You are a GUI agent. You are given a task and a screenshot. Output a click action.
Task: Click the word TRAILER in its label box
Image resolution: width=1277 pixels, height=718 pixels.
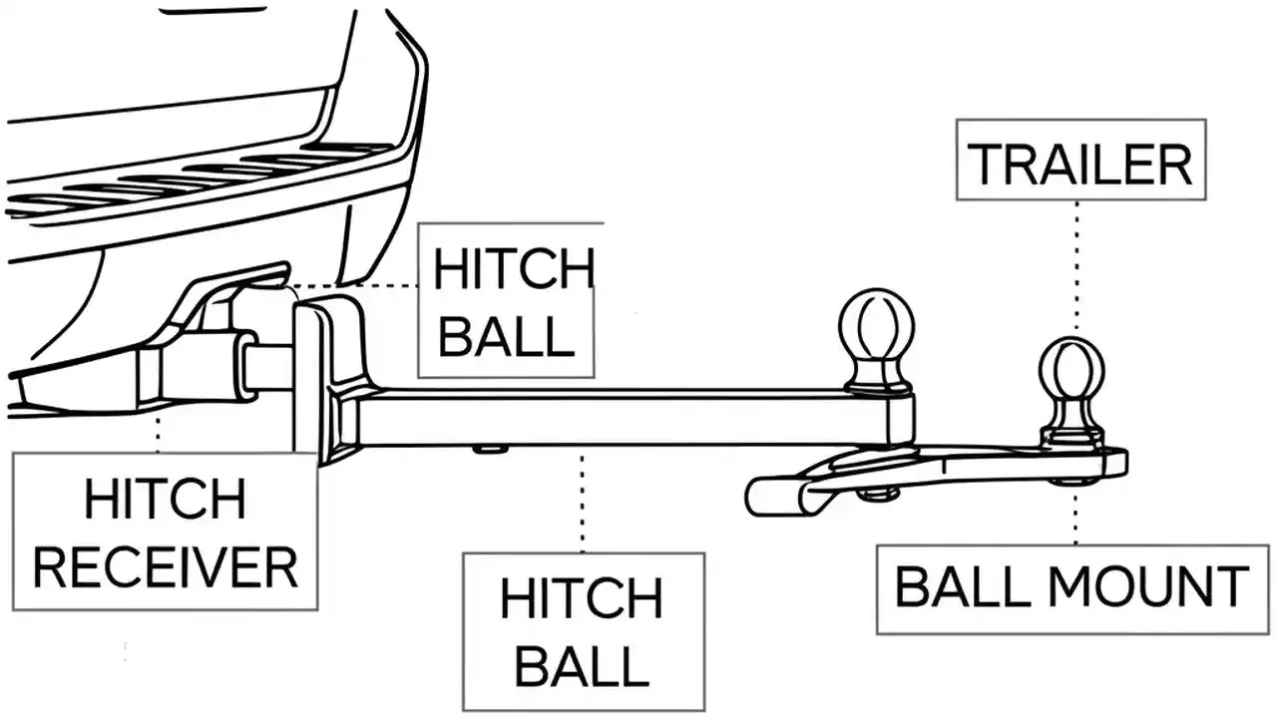pos(1080,164)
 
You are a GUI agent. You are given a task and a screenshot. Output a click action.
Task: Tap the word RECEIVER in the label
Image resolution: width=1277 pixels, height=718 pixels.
pos(166,566)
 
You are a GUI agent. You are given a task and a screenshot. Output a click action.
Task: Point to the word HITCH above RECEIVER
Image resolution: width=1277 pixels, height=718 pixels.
pos(166,499)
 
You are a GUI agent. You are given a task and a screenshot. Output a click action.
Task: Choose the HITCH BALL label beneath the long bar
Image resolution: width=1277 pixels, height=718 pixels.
pos(583,632)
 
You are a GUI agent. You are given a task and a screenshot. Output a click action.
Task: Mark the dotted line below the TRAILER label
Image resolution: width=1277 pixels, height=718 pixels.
pos(1076,264)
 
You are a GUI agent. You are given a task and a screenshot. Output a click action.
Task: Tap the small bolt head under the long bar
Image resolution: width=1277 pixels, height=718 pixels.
pos(490,450)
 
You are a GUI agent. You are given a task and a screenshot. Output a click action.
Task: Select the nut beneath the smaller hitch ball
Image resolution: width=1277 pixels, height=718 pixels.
pos(1073,481)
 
